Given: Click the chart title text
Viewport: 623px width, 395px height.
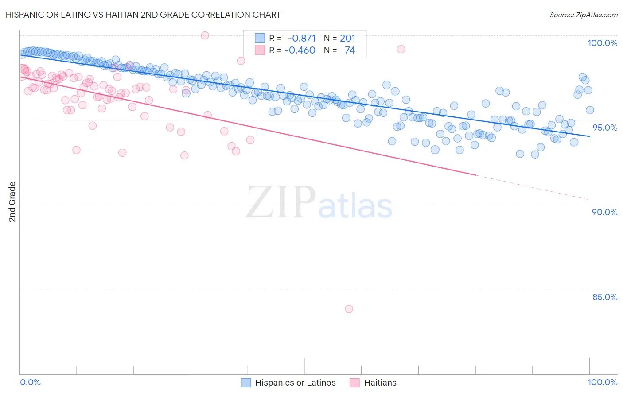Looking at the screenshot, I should coord(143,15).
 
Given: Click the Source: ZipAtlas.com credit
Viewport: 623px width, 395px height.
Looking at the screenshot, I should coord(583,15).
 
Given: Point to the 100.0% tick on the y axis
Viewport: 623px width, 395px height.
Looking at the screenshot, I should coord(602,43).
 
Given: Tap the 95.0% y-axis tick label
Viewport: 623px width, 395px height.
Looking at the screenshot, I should coord(605,128).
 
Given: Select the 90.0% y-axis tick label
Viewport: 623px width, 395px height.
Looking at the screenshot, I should coord(604,212).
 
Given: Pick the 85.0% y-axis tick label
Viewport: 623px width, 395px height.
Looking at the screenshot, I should coord(604,297).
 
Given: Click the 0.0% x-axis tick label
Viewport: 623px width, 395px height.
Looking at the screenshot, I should coord(30,382).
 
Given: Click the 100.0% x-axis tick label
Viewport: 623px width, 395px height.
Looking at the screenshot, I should coord(602,382).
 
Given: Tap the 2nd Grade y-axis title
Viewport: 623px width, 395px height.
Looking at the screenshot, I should coord(12,202).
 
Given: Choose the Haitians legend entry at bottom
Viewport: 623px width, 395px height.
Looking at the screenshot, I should coord(380,383).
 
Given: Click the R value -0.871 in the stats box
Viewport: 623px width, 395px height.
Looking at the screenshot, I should coord(301,39).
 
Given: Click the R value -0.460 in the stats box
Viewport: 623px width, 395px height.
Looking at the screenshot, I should coord(300,50).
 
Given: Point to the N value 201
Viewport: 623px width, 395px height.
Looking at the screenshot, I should coord(347,39).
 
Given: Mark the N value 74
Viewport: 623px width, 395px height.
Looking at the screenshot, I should coord(350,50).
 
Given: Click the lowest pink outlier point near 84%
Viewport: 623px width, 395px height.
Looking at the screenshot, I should coord(349,309).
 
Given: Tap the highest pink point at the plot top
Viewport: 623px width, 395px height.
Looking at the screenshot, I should coord(205,35).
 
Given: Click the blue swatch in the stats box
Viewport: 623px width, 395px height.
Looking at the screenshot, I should coord(260,39).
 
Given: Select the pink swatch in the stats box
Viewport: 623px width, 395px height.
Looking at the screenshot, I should coord(260,50).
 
